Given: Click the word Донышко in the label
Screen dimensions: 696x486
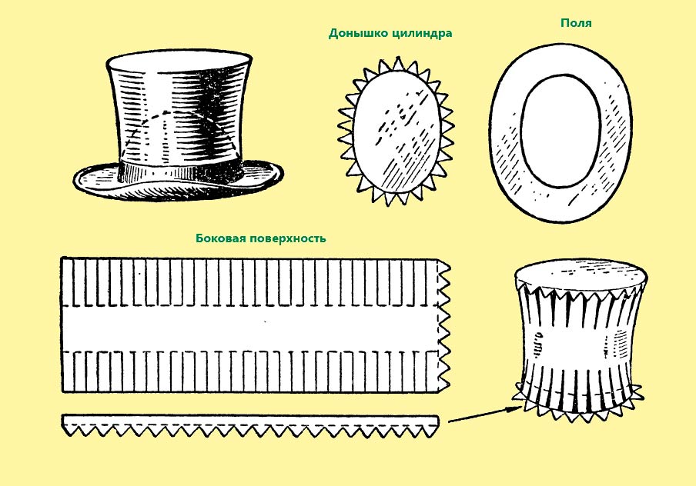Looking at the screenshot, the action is [x=356, y=33].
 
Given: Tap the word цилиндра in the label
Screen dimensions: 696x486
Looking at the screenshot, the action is [x=420, y=34].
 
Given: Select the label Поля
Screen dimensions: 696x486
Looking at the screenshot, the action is [x=576, y=22].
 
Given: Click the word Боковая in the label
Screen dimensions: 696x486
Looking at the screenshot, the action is [x=220, y=238].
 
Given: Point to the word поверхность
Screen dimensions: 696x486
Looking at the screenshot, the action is [x=288, y=238].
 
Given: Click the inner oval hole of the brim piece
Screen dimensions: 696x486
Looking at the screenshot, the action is [x=560, y=131].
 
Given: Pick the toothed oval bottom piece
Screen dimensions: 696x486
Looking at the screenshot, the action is [x=396, y=131].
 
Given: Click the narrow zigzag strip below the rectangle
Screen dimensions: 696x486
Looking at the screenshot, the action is [x=250, y=424].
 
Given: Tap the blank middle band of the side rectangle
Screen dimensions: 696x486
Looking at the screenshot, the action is [x=251, y=328].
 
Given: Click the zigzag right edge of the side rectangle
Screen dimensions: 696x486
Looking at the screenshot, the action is [x=444, y=325].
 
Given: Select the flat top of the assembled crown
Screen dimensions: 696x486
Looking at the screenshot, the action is [x=581, y=275].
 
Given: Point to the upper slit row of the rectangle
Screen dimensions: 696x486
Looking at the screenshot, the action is [x=249, y=282].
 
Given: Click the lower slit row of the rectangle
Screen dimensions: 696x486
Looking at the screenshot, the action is [x=249, y=371].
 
